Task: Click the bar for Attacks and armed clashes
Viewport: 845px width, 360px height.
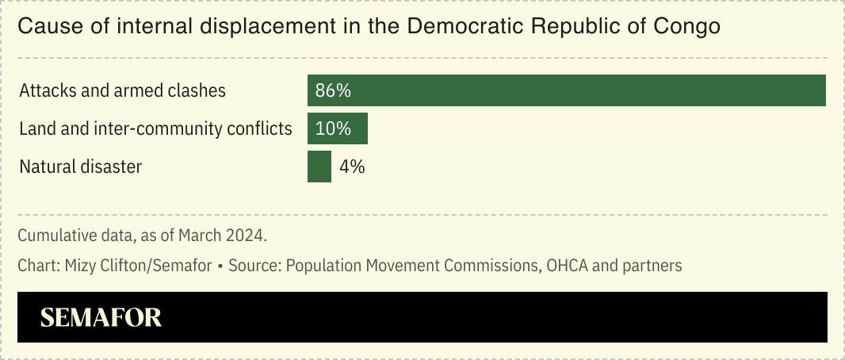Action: coord(567,90)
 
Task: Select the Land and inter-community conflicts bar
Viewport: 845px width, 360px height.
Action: coord(338,128)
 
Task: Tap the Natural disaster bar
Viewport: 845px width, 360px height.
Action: coord(319,167)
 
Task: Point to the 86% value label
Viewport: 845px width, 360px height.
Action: coord(333,90)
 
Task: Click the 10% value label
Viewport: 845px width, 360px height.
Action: coord(333,128)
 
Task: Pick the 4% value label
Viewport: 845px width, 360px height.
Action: coord(352,167)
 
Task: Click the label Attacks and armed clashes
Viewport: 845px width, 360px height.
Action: coord(122,90)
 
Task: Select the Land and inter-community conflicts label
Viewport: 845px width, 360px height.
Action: coord(155,128)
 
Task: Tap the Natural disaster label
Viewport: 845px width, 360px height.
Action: coord(80,167)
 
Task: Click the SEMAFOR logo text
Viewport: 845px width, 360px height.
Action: coord(101,318)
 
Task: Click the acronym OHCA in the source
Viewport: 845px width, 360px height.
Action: coord(567,266)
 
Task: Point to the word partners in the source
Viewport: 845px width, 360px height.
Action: coord(654,266)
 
